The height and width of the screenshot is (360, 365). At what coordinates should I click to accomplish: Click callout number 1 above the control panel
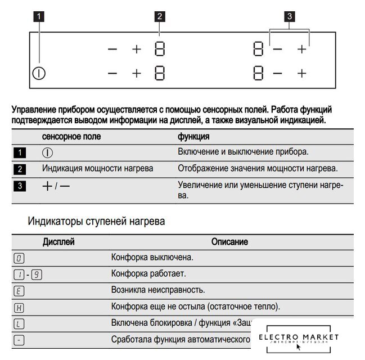pos(39,17)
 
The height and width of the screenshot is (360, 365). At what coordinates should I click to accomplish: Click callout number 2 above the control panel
pos(160,17)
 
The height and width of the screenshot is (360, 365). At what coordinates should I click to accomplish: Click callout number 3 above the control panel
pos(290,17)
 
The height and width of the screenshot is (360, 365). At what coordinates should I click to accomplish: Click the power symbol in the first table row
pos(48,153)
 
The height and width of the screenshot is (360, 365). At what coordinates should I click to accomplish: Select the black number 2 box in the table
pos(19,169)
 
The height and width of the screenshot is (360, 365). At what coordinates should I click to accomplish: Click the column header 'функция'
pos(193,137)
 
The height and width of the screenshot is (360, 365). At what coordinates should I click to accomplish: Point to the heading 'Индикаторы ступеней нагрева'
pos(96,222)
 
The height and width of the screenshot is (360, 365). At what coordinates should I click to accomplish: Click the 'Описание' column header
pos(229,242)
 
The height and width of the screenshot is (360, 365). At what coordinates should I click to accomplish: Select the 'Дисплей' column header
pos(58,242)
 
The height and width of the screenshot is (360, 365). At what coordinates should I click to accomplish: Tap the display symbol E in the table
pos(19,291)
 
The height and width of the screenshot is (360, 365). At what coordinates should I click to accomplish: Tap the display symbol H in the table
pos(19,307)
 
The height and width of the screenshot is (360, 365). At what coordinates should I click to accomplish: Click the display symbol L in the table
pos(19,324)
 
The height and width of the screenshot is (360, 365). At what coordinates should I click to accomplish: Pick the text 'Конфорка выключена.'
pos(152,258)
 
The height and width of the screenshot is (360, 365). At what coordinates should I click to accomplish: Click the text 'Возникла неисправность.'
pos(157,290)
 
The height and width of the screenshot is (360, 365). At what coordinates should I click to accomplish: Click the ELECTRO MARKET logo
pos(299,339)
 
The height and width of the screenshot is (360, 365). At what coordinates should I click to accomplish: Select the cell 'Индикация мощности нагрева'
pos(97,169)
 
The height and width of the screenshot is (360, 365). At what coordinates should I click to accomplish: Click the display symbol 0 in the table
pos(19,258)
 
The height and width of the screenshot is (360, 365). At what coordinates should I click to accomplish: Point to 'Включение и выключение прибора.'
pos(244,152)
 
